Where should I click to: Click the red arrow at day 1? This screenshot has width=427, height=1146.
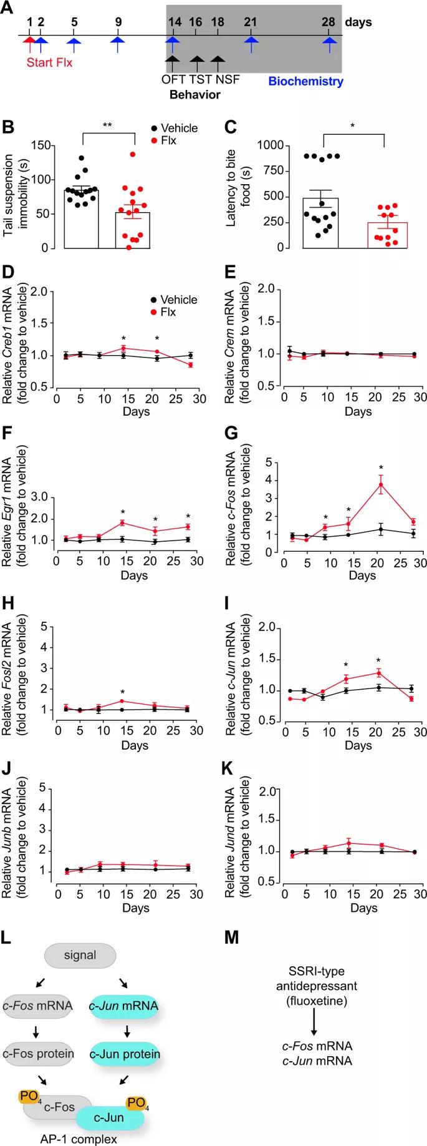click(x=29, y=44)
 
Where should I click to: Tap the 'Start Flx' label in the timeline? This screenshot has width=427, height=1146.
click(x=49, y=62)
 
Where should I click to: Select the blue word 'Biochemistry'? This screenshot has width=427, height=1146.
click(x=305, y=81)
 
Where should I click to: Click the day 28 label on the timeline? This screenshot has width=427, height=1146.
click(x=329, y=22)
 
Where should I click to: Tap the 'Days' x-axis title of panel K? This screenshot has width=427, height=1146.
click(x=363, y=908)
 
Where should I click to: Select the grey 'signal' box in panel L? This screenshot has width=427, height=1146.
click(x=80, y=955)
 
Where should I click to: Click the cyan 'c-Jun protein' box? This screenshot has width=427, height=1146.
click(x=125, y=1054)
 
